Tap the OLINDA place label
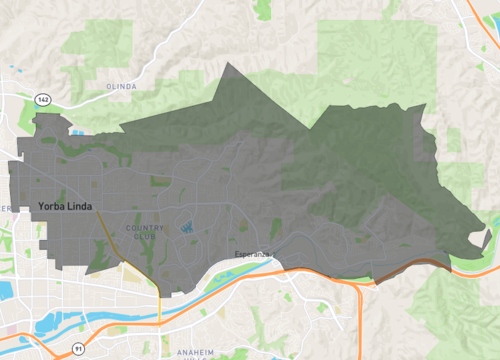[121, 87]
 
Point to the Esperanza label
[253, 254]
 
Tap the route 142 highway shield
[42, 100]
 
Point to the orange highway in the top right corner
[478, 20]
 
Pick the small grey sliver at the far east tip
[486, 240]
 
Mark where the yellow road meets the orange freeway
[159, 291]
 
